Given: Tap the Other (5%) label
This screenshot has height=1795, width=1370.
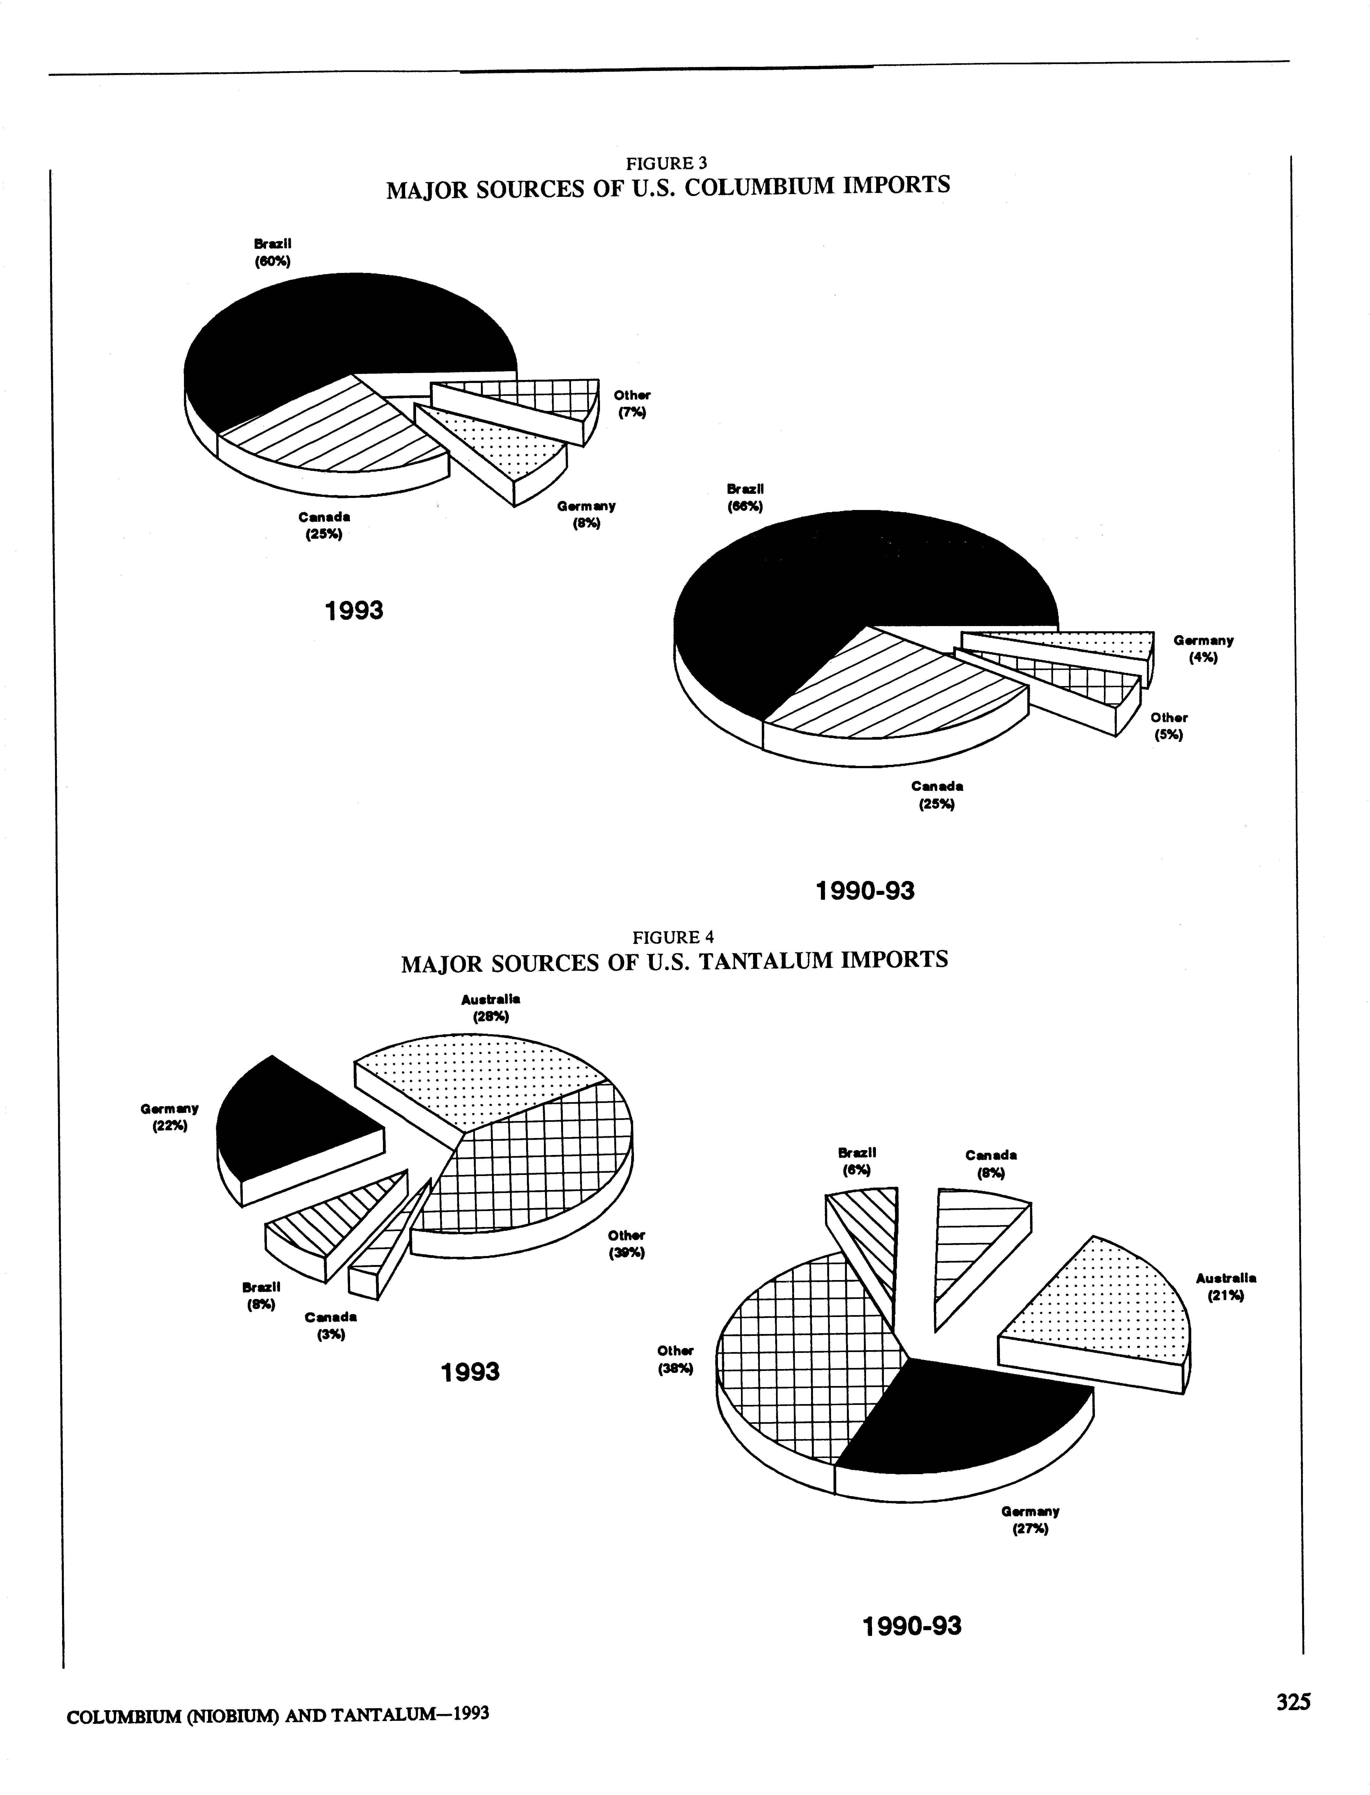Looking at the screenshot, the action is (1169, 726).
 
